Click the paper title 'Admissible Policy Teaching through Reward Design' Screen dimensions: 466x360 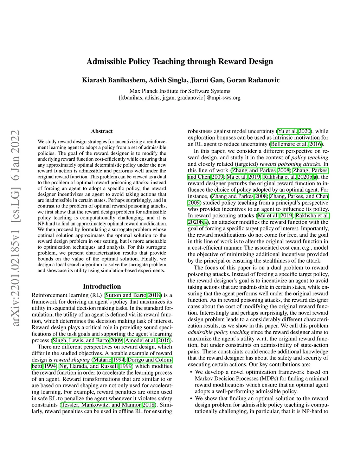click(x=180, y=62)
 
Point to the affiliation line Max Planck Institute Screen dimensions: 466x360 click(x=180, y=91)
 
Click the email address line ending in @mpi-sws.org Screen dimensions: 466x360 click(x=180, y=97)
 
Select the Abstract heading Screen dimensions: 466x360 click(x=102, y=131)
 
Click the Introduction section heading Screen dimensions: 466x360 click(x=102, y=286)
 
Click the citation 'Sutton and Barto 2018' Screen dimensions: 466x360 click(x=133, y=295)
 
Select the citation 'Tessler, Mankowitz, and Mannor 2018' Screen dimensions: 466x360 click(x=108, y=404)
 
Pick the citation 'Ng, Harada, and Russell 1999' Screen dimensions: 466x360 click(x=96, y=366)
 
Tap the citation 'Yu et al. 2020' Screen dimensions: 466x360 click(x=294, y=131)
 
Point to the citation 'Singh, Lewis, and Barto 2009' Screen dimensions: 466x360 click(x=87, y=340)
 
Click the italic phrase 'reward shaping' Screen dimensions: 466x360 click(x=72, y=359)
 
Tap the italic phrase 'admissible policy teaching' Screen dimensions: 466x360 click(x=219, y=332)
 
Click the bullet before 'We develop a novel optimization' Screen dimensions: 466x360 click(x=191, y=372)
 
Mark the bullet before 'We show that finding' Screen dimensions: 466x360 click(x=191, y=398)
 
